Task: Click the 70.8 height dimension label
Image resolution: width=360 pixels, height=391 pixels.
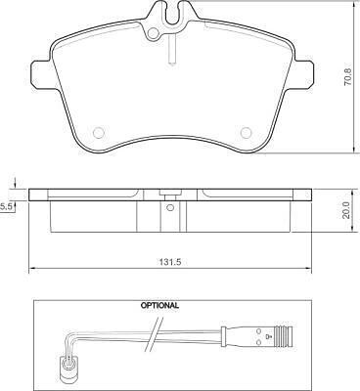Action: (x=348, y=77)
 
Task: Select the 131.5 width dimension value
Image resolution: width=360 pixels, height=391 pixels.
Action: (x=169, y=262)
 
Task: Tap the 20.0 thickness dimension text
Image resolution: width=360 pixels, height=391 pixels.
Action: (x=346, y=210)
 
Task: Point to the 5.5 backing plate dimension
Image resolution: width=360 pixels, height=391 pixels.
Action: (x=6, y=206)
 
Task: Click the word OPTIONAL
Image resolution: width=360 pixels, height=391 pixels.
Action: (x=159, y=306)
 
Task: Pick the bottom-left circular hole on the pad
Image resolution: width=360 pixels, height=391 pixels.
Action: (x=98, y=132)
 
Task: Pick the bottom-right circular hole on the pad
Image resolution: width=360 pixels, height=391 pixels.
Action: (x=246, y=132)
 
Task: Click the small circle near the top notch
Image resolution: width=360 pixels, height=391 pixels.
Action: (x=153, y=33)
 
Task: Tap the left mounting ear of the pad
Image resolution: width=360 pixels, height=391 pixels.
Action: (x=41, y=74)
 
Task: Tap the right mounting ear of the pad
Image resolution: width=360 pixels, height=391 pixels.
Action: (x=304, y=74)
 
